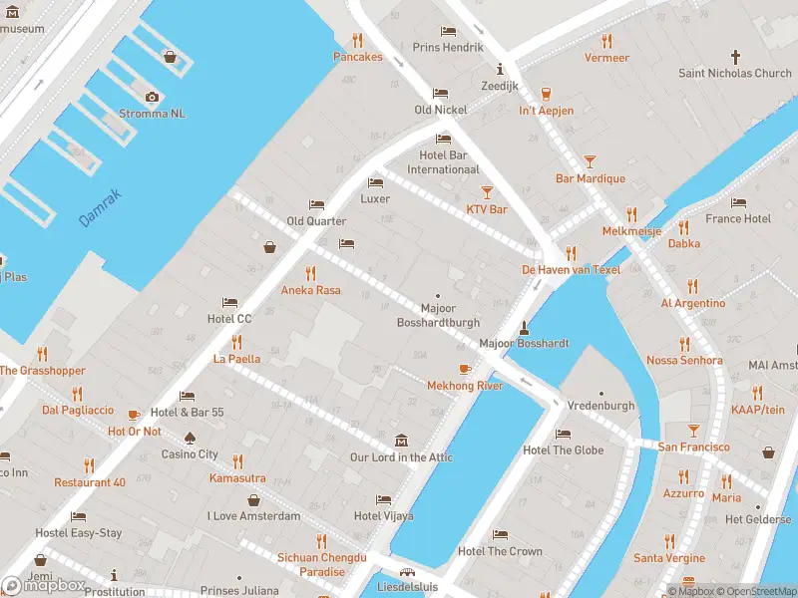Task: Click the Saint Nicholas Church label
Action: pos(734,73)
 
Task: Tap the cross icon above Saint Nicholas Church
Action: pos(736,57)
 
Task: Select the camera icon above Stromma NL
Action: pos(152,97)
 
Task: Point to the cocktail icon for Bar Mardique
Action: pos(590,161)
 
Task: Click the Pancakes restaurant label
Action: pos(357,57)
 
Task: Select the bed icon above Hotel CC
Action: pos(229,302)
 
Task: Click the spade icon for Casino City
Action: pos(190,438)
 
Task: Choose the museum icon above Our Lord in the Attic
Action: pos(401,441)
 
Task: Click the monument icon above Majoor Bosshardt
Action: pos(524,326)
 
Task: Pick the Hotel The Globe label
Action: pos(563,449)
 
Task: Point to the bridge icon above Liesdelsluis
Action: pos(407,573)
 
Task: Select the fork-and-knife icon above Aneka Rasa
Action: pos(310,273)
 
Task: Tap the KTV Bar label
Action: pos(487,209)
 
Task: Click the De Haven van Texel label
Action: pos(571,270)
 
